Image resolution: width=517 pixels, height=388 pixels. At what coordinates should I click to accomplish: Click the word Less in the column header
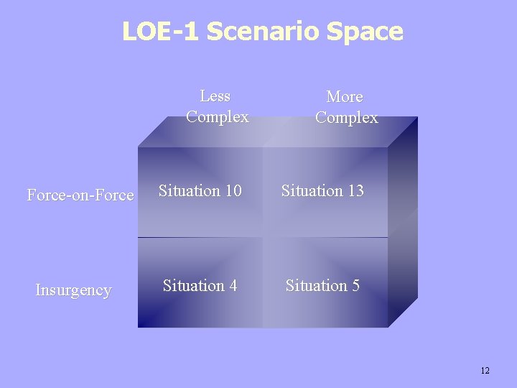[215, 96]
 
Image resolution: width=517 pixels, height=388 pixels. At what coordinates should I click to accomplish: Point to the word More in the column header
[345, 96]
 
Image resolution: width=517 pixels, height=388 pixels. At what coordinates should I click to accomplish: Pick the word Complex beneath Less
[218, 117]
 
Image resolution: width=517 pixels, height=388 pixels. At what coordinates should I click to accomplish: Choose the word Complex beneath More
[347, 118]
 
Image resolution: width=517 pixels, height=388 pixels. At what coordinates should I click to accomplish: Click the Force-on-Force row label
[80, 195]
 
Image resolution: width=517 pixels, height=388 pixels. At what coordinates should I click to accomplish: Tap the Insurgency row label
[74, 290]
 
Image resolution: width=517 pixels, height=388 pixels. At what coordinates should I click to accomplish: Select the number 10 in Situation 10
[232, 191]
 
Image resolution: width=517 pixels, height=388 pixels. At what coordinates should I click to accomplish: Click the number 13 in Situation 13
[355, 191]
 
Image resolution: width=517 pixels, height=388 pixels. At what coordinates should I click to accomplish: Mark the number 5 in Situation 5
[354, 286]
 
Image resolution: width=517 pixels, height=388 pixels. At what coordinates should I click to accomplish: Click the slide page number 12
[485, 371]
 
